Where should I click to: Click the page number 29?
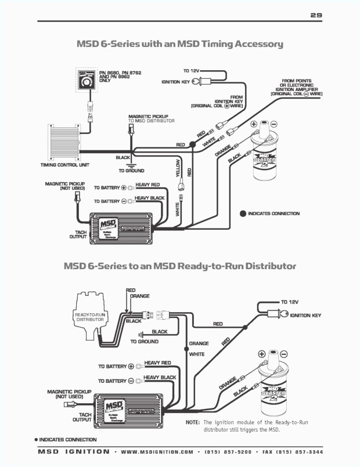(315, 16)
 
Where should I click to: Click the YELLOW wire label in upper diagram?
(178, 167)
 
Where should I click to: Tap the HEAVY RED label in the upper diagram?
(147, 185)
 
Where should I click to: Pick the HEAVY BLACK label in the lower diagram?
(160, 378)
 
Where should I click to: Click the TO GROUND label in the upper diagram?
(131, 171)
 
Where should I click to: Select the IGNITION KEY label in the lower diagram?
(305, 316)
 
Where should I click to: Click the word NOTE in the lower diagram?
(193, 422)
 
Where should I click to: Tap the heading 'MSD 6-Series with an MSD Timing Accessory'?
(179, 44)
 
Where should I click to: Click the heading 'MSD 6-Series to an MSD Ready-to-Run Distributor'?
(179, 266)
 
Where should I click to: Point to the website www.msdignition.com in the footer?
(158, 451)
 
